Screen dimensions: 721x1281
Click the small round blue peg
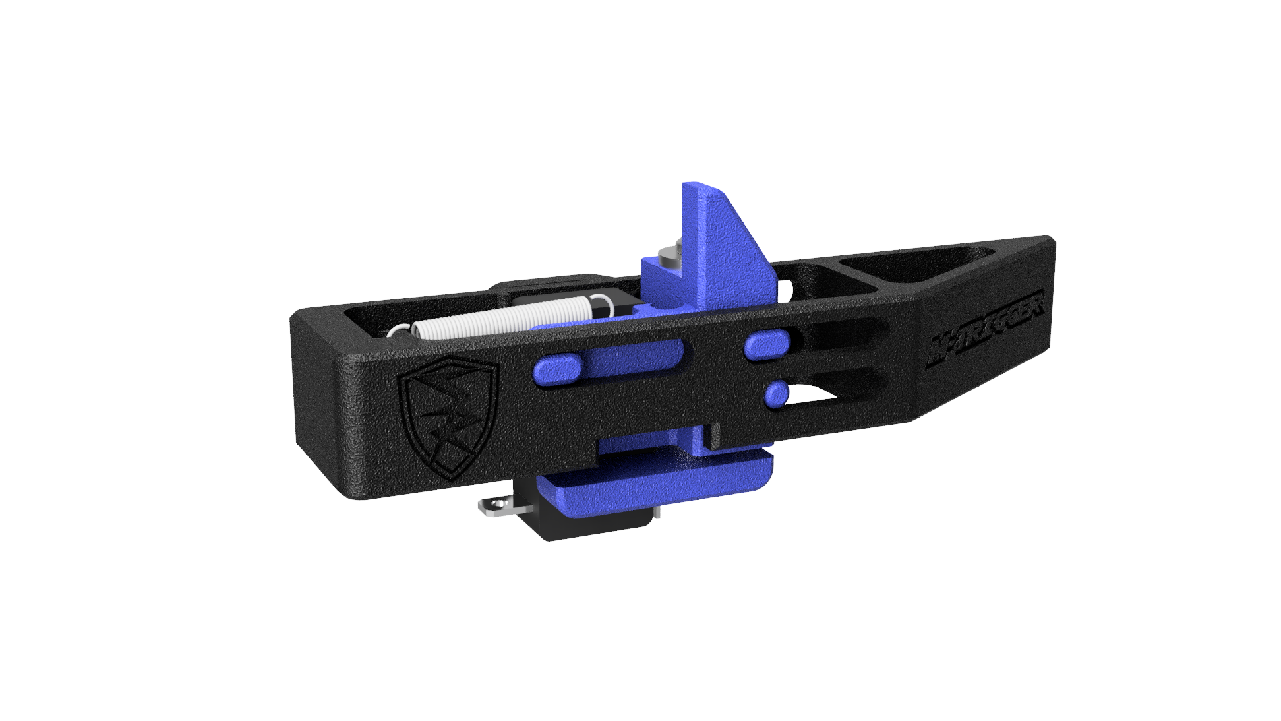point(777,394)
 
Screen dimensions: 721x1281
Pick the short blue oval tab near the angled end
point(769,346)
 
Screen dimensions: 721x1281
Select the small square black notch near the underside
point(711,435)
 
